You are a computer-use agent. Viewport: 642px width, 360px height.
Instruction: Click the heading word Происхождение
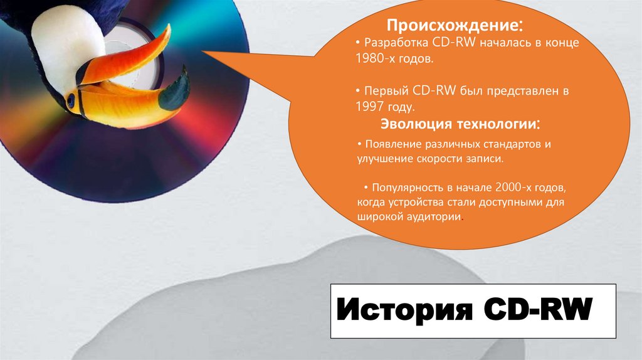(451, 27)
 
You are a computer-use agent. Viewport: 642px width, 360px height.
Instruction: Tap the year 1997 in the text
(368, 107)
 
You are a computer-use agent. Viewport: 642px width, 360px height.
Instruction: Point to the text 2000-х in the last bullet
(513, 187)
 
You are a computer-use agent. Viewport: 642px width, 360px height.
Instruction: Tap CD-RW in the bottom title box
(537, 310)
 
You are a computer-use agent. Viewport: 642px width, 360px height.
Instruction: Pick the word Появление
(393, 144)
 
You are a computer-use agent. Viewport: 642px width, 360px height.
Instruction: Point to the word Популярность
(408, 187)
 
